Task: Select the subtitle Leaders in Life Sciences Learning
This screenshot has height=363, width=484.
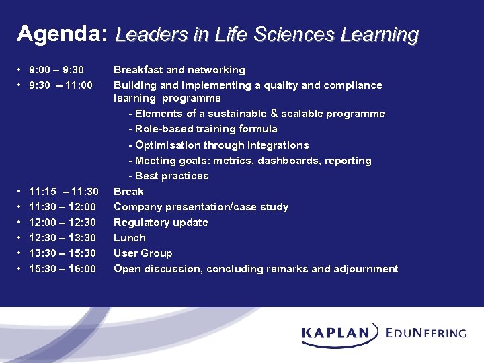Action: pos(267,34)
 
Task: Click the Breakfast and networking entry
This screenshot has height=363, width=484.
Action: pos(179,70)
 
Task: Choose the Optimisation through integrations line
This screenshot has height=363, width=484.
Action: pos(218,145)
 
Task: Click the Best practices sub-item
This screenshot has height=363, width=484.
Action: pos(169,176)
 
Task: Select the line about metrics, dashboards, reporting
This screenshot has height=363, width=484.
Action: pos(249,161)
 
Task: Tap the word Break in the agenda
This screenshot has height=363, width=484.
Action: pos(128,192)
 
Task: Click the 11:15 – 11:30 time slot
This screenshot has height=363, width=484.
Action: pos(64,192)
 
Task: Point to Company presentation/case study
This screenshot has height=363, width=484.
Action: pos(201,207)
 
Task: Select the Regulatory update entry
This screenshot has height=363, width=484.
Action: pos(161,223)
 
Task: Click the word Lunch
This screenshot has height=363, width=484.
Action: pos(130,238)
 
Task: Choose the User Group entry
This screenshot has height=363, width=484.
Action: pos(143,253)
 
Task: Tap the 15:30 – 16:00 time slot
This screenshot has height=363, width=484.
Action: pos(63,269)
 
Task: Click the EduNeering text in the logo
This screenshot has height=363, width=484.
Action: pos(426,333)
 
